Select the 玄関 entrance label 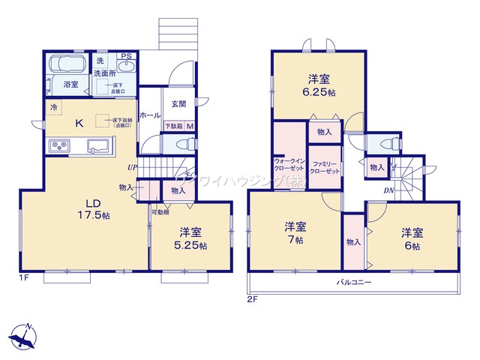(178, 103)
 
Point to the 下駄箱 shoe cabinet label (173, 126)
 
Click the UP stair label (132, 167)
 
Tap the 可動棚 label (160, 213)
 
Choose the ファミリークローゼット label (326, 167)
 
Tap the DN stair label (389, 190)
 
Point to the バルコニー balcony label (353, 281)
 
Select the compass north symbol (25, 335)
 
